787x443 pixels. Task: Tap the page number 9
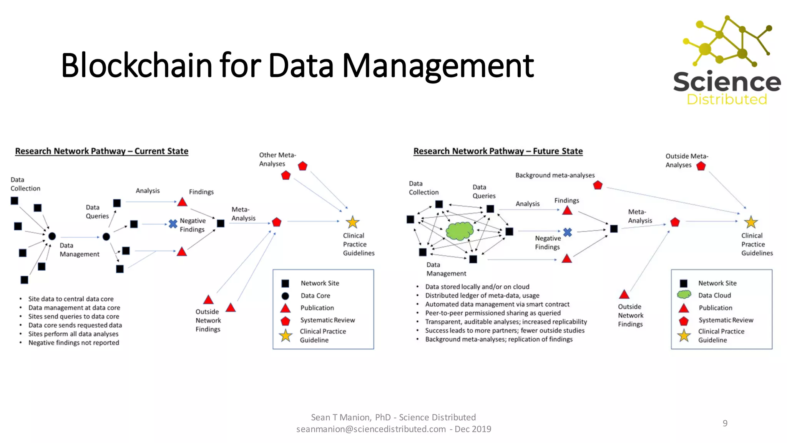725,423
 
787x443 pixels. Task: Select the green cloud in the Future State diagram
460,230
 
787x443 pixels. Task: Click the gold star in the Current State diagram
352,222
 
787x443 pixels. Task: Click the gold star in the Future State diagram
751,222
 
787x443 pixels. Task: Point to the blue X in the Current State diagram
173,223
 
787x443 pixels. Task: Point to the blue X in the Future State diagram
568,232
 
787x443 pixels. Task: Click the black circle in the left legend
285,296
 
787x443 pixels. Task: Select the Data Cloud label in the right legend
714,295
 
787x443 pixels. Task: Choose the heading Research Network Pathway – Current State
101,151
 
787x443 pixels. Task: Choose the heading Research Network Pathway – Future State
498,151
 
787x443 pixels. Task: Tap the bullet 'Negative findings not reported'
74,343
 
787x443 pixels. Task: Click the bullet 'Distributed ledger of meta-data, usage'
482,295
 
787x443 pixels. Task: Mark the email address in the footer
371,429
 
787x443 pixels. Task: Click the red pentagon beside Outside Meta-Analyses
701,166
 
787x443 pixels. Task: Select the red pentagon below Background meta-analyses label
598,185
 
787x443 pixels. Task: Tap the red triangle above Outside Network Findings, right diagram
624,295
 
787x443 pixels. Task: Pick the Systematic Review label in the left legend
327,320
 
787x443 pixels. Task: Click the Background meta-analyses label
555,175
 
